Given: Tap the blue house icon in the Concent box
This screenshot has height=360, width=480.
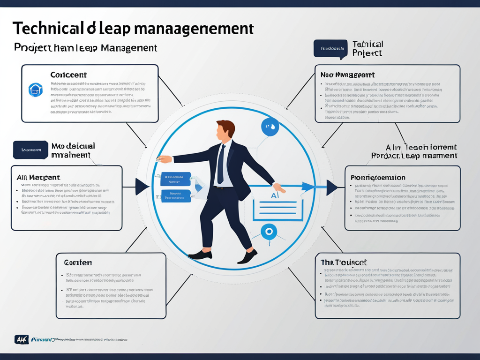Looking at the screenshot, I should (36, 90).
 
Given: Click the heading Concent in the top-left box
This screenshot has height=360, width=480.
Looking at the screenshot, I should (68, 75).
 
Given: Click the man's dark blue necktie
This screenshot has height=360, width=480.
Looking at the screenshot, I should (221, 164).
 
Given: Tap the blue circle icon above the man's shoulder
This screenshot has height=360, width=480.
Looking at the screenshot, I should (270, 127).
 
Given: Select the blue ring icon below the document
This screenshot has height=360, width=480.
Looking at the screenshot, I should (269, 231).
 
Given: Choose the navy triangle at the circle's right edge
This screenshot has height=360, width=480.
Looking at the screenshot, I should (331, 187).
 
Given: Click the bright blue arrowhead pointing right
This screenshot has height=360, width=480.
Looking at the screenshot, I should (307, 187).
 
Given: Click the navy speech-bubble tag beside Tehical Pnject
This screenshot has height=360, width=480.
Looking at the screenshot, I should (330, 49).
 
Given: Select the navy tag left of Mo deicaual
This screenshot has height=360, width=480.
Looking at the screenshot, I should (30, 150).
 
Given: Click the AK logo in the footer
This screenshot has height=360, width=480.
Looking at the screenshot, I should (22, 339).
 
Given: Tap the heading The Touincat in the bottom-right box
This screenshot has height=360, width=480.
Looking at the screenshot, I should (344, 262).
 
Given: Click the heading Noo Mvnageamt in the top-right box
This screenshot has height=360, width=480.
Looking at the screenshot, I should (347, 75).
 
